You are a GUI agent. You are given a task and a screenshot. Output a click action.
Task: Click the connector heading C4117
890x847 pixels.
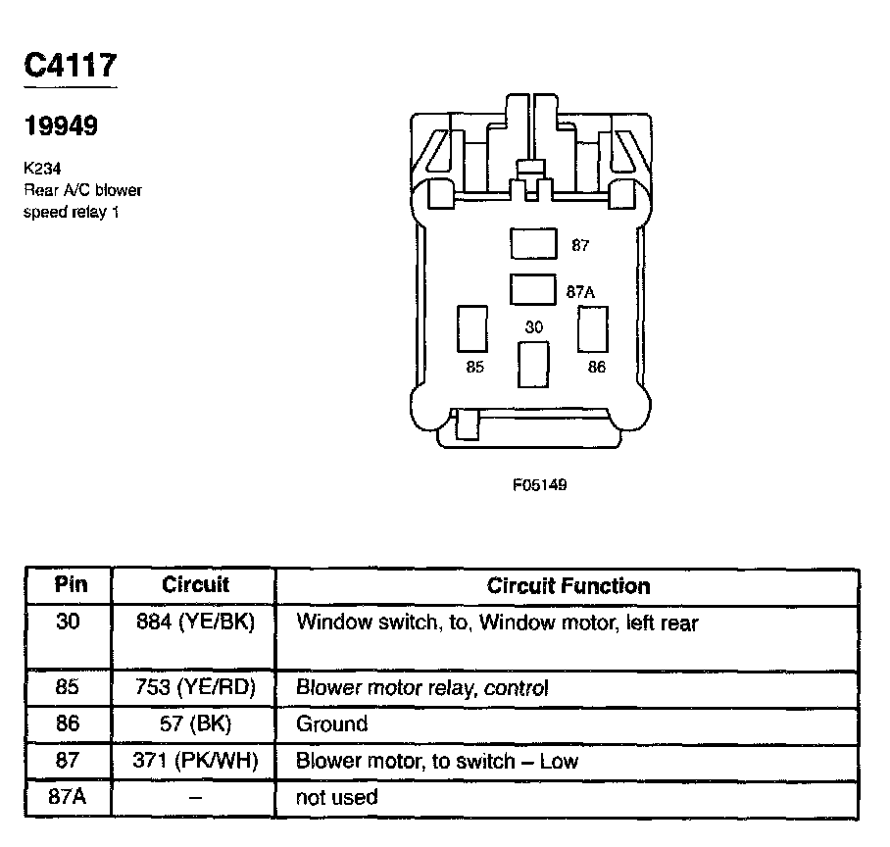tap(70, 66)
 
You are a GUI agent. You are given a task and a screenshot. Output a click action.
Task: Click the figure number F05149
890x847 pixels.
tap(539, 484)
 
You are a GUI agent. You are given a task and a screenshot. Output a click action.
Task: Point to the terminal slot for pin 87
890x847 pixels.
tap(533, 244)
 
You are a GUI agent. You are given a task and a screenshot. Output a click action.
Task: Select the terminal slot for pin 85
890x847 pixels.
tap(471, 328)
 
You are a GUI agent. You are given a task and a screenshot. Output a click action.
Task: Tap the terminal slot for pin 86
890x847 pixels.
tap(593, 328)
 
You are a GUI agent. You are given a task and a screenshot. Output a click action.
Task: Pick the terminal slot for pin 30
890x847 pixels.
tap(532, 365)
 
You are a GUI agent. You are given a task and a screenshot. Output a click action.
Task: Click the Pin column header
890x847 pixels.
tap(70, 585)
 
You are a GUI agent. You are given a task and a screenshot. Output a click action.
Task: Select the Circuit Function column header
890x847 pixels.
tap(569, 586)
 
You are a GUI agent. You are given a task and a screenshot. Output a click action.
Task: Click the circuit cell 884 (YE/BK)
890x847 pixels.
tap(194, 623)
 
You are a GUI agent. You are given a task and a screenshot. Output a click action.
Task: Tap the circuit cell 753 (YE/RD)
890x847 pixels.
tap(194, 688)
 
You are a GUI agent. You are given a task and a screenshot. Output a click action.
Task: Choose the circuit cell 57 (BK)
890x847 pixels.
tap(194, 724)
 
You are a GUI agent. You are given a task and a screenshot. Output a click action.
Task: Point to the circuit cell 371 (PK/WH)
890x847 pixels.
tap(194, 761)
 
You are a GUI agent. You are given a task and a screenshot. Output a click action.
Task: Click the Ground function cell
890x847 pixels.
tap(331, 724)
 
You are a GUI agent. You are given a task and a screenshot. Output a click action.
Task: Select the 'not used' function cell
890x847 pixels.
tap(336, 797)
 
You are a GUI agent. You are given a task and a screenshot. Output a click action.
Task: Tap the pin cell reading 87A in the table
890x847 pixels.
tap(68, 796)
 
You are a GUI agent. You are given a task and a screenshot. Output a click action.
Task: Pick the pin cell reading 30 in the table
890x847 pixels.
tap(68, 622)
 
